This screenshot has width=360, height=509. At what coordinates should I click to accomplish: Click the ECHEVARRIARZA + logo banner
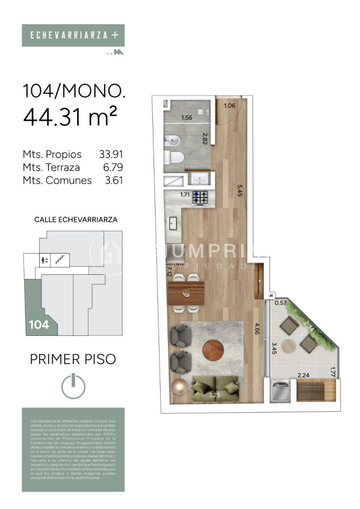tap(73, 35)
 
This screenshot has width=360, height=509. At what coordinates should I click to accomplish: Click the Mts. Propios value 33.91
tap(111, 154)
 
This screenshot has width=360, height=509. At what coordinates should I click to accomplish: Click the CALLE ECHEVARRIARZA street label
tap(76, 219)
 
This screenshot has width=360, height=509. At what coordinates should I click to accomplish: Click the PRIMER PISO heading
tap(72, 359)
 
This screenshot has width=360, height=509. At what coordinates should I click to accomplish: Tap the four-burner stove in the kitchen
tap(200, 197)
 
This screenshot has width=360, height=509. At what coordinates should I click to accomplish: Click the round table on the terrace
tap(290, 345)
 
